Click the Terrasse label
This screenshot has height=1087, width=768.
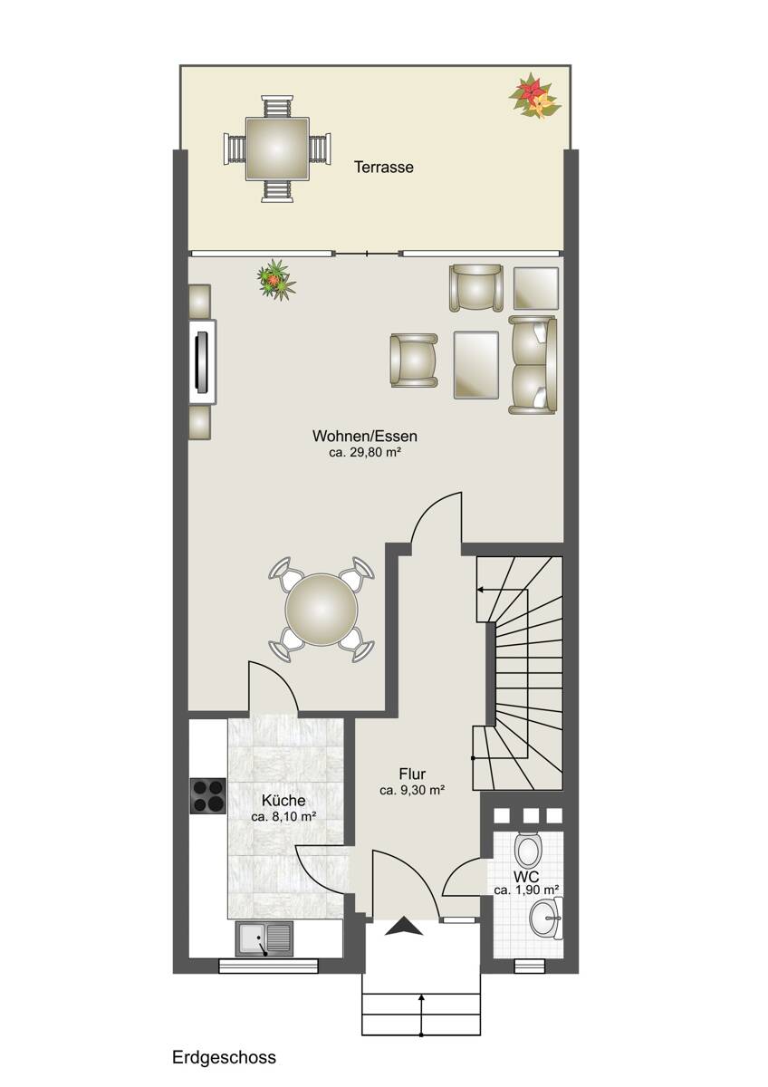[384, 168]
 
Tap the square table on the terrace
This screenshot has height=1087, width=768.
[277, 149]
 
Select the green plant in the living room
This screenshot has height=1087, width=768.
[276, 280]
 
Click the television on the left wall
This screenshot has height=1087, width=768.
[202, 362]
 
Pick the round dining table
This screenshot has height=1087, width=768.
[322, 610]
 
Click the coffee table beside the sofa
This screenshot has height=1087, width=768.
[476, 365]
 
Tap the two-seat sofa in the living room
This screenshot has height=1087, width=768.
[533, 365]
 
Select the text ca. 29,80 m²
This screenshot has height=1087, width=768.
[365, 453]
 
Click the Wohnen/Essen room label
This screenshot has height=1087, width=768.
[365, 436]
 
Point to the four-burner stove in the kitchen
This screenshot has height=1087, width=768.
[208, 796]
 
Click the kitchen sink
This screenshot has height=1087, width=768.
[264, 939]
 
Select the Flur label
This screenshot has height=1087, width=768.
[412, 773]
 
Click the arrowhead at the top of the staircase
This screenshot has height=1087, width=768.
[480, 590]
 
